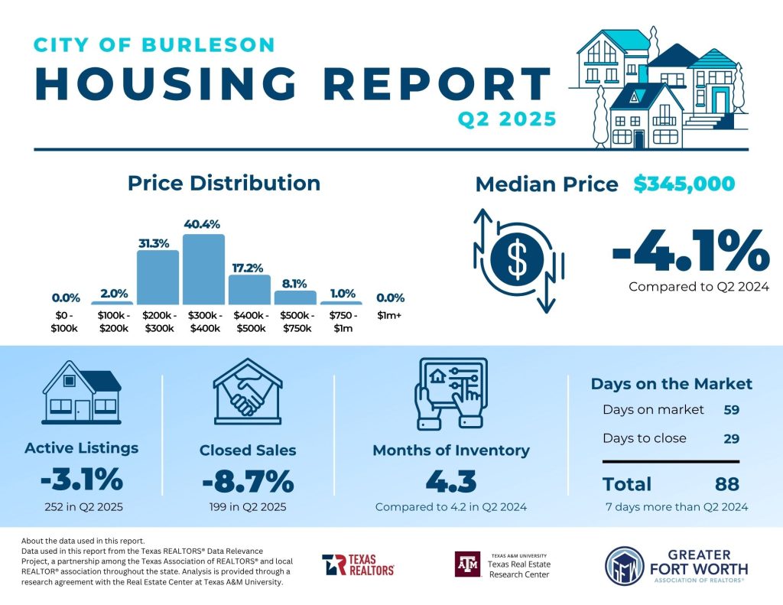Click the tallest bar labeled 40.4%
tap(203, 269)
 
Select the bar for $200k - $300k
tap(158, 277)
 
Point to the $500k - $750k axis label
tap(295, 322)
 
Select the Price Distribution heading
tap(223, 184)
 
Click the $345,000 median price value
tap(684, 184)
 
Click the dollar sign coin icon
tap(518, 259)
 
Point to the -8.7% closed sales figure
tap(248, 482)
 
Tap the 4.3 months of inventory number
tap(450, 482)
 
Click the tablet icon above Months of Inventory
tap(450, 393)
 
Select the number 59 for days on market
tap(732, 409)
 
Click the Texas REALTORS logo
tap(358, 564)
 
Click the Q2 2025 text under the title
tap(506, 119)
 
